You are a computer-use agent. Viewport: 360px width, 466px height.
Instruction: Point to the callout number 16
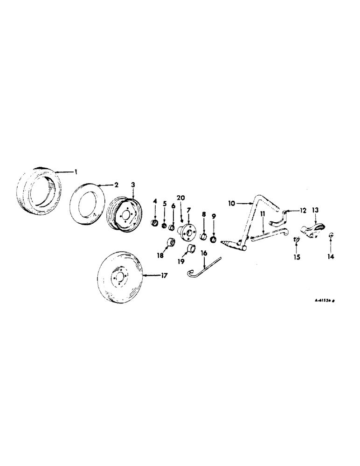coord(203,252)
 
